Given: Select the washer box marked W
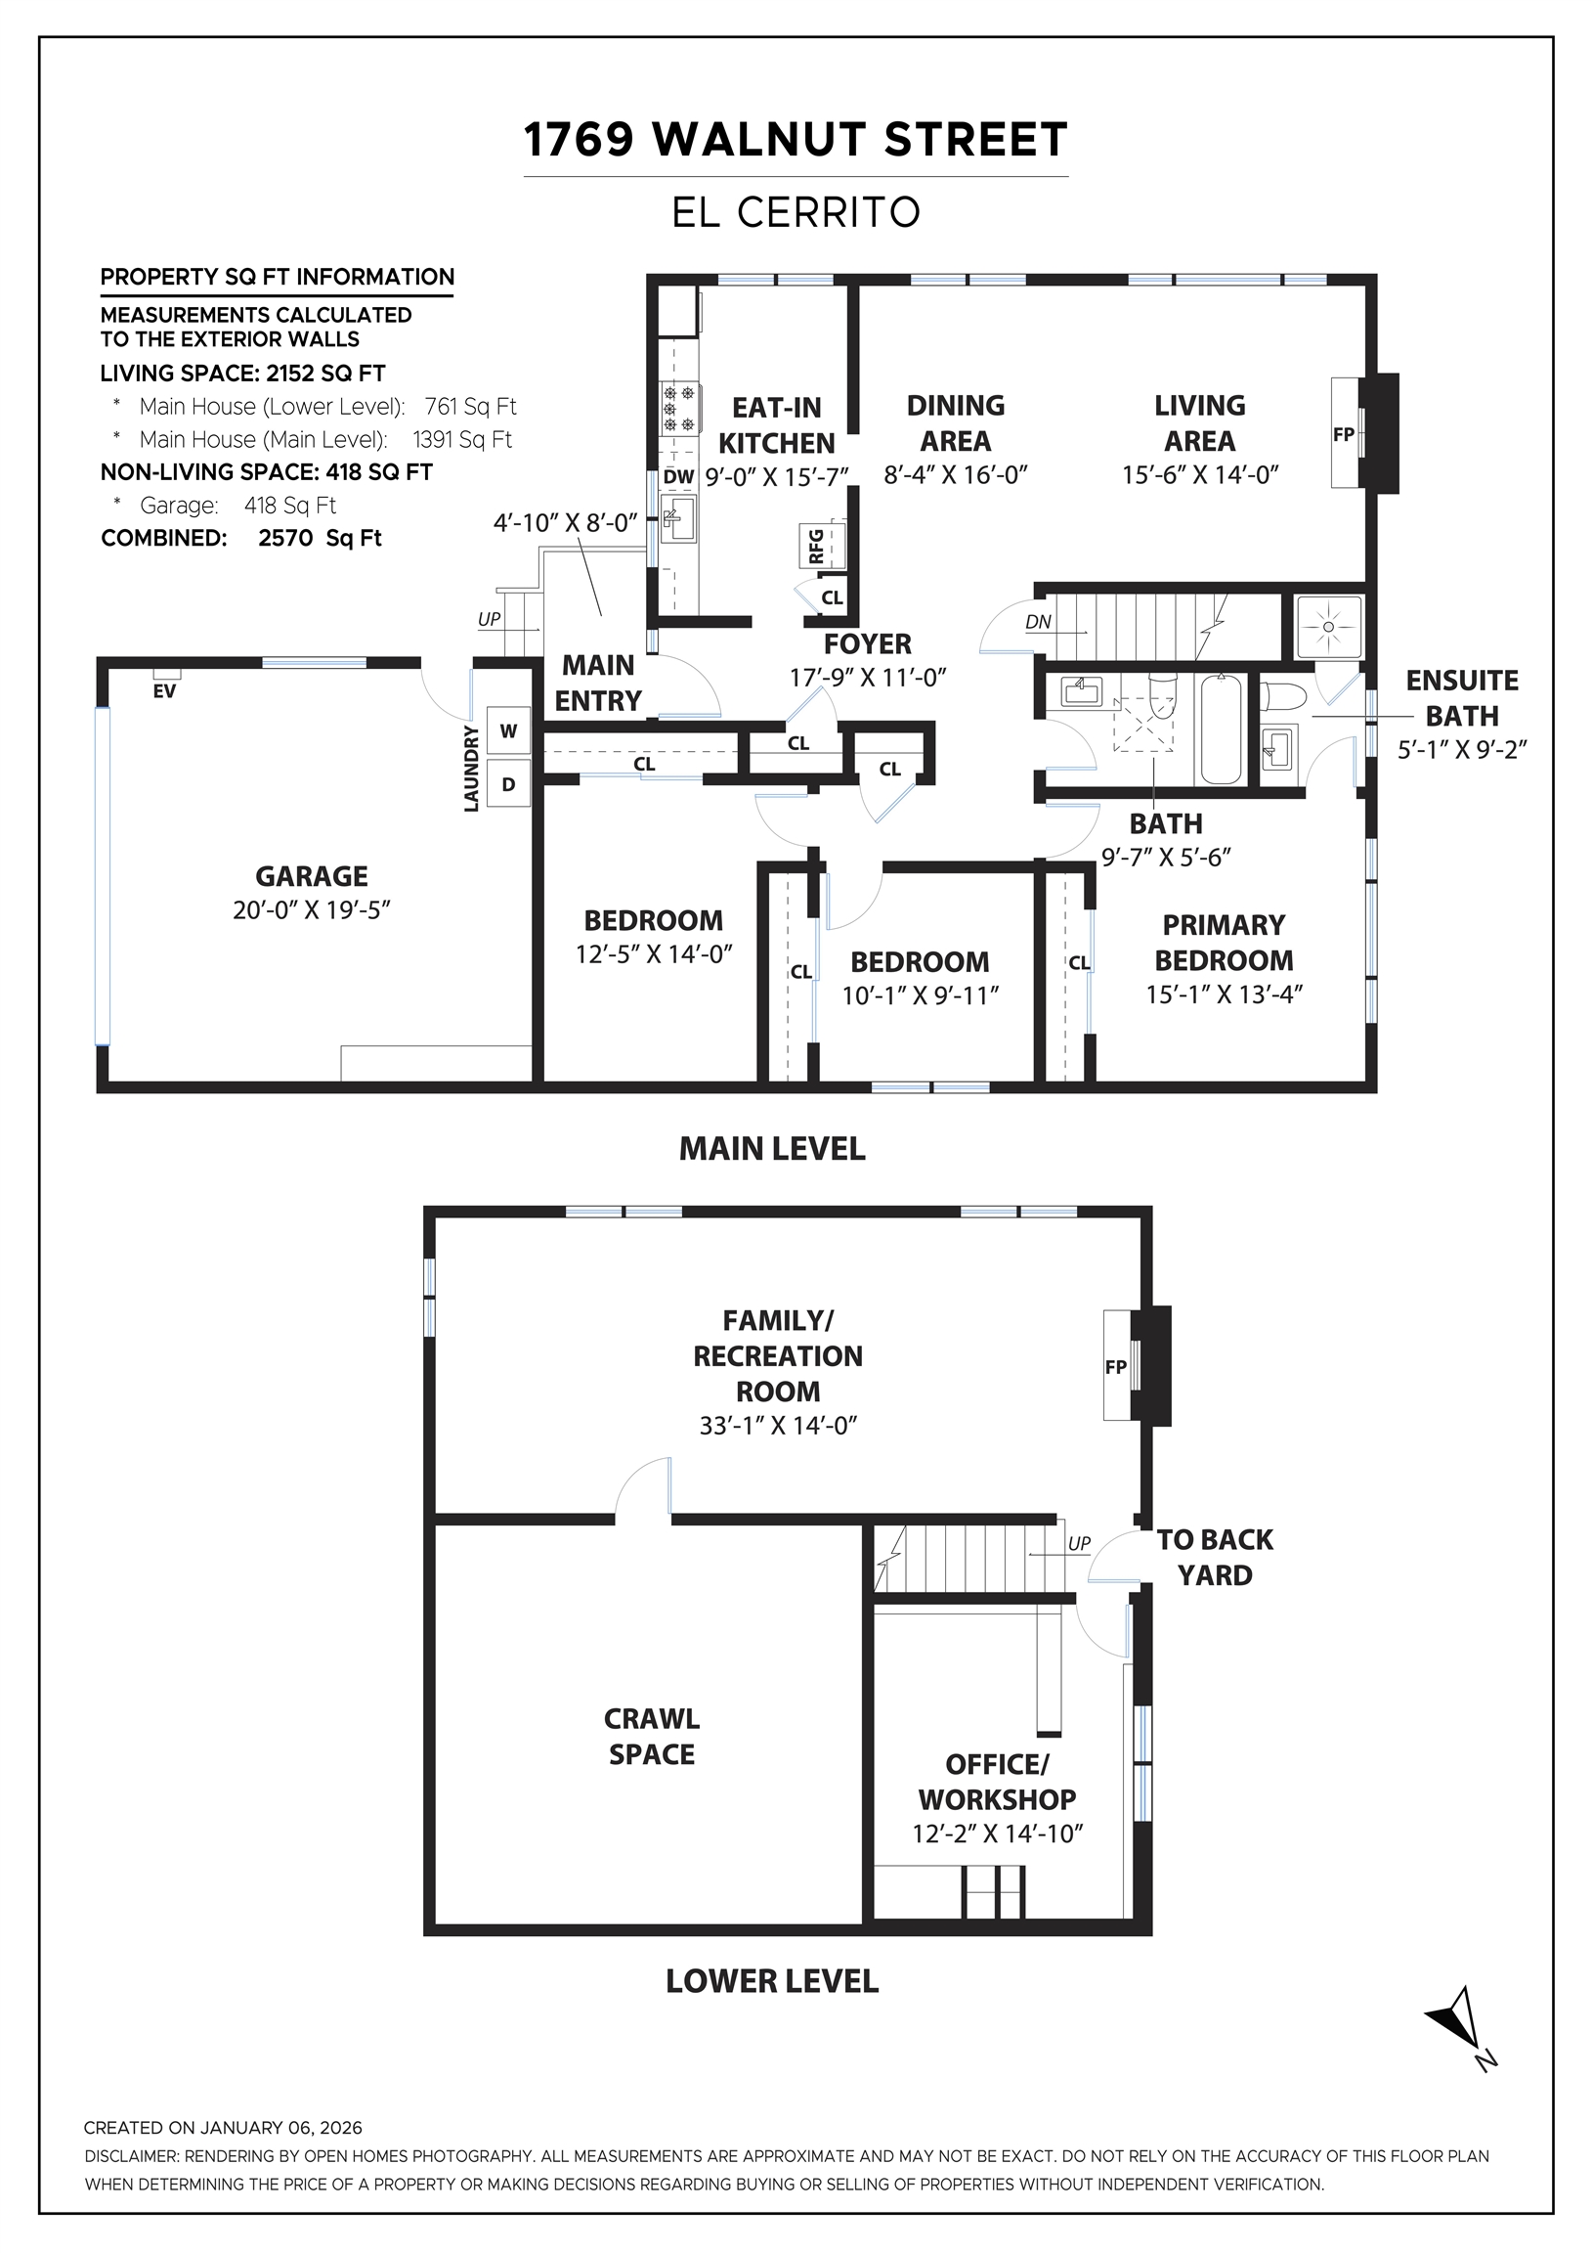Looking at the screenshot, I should click(x=508, y=731).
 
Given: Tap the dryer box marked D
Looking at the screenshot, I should click(x=508, y=784).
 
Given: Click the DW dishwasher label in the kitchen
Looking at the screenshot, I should click(x=678, y=478).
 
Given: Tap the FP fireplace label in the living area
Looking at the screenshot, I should click(x=1343, y=434).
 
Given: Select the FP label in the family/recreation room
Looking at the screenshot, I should click(x=1115, y=1366).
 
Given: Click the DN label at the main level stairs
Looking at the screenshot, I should click(x=1038, y=621).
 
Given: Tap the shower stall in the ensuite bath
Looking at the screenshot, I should click(x=1328, y=626).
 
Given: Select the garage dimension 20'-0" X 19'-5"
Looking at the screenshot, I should click(x=311, y=909).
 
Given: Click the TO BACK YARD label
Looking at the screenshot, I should click(x=1215, y=1558).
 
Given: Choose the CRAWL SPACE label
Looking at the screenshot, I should click(x=651, y=1736).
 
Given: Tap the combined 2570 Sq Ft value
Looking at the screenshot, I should click(x=320, y=538).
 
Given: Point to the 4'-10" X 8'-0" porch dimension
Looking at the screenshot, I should click(x=565, y=522).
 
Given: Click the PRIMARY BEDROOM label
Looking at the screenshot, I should click(x=1224, y=942).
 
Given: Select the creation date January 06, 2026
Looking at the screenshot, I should click(x=281, y=2128).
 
